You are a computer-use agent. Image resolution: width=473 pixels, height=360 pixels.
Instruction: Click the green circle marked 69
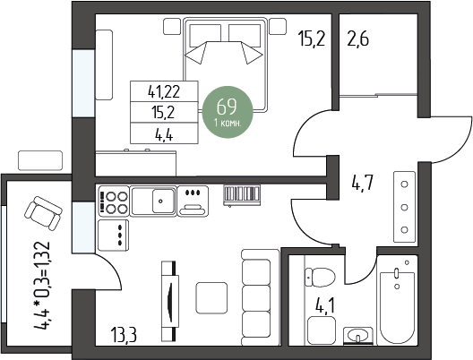pyautogui.click(x=228, y=112)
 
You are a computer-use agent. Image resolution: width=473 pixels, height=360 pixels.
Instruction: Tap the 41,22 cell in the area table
pyautogui.click(x=164, y=91)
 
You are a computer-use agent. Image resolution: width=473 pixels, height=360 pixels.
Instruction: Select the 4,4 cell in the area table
pyautogui.click(x=164, y=133)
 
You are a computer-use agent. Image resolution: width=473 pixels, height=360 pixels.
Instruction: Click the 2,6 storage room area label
pyautogui.click(x=357, y=39)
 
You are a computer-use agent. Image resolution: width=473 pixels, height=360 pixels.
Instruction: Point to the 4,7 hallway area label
pyautogui.click(x=363, y=183)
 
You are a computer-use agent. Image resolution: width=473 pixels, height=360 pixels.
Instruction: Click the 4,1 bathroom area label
pyautogui.click(x=324, y=305)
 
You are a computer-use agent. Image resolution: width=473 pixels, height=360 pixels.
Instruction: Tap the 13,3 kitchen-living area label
pyautogui.click(x=124, y=335)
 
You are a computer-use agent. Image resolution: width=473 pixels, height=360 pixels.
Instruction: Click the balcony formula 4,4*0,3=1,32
pyautogui.click(x=41, y=286)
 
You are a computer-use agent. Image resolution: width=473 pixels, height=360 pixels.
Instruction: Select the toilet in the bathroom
pyautogui.click(x=320, y=277)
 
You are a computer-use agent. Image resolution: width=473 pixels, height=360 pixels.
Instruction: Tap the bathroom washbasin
pyautogui.click(x=358, y=335)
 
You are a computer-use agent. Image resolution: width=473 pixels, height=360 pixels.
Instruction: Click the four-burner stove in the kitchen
pyautogui.click(x=114, y=201)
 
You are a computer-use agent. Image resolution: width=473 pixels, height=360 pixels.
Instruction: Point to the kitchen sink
pyautogui.click(x=153, y=201)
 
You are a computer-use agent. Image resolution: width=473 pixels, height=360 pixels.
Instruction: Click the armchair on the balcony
pyautogui.click(x=43, y=213)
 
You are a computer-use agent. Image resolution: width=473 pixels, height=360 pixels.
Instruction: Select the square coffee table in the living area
pyautogui.click(x=211, y=298)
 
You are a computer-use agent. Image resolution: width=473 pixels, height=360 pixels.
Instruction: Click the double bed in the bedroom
pyautogui.click(x=225, y=64)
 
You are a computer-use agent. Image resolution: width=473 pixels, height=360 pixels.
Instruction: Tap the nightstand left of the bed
pyautogui.click(x=172, y=26)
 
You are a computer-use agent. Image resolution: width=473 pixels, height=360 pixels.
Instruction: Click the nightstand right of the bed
pyautogui.click(x=278, y=26)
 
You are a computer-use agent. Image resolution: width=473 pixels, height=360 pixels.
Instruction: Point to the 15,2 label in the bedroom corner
pyautogui.click(x=312, y=39)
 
